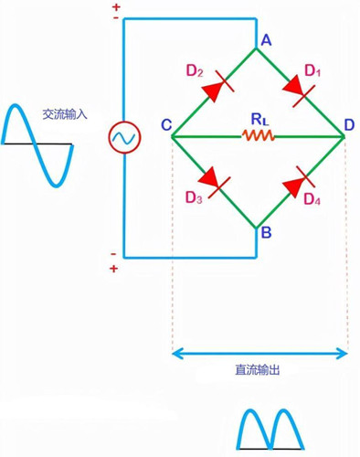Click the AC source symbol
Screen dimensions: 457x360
click(x=122, y=138)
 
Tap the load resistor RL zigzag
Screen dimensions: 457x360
click(x=259, y=136)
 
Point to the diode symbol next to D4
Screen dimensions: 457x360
click(x=296, y=184)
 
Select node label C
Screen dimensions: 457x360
click(x=164, y=125)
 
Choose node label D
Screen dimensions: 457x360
click(x=350, y=125)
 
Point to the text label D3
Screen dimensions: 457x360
click(x=194, y=197)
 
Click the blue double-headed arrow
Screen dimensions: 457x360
click(x=260, y=353)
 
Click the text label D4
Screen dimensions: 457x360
click(x=312, y=199)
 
